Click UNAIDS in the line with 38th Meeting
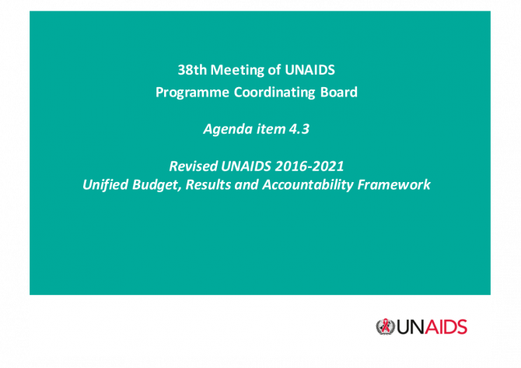[309, 70]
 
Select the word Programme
[192, 93]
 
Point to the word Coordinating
[274, 93]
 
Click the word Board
[339, 93]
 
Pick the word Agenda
[228, 129]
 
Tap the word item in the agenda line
[271, 129]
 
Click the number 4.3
[299, 129]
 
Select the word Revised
[193, 166]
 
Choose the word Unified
[105, 185]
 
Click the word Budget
[157, 185]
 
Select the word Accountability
[308, 185]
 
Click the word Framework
[394, 185]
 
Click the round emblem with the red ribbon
[386, 327]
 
